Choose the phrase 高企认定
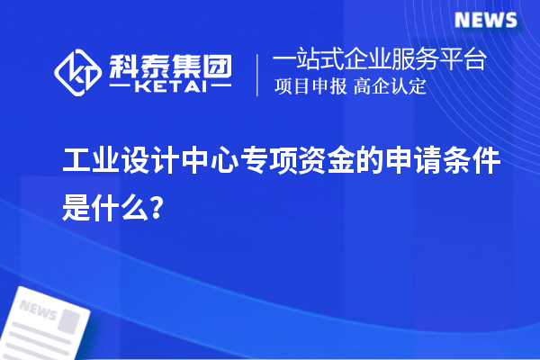391,87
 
